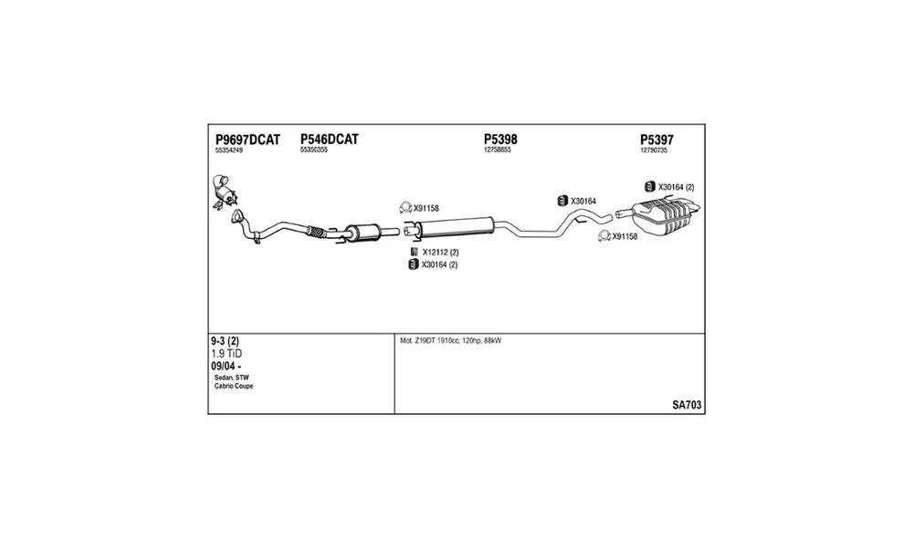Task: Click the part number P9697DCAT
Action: tap(247, 140)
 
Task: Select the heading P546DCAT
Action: tap(330, 140)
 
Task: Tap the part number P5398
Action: tap(500, 140)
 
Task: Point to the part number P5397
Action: tap(656, 140)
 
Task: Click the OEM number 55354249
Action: tap(229, 150)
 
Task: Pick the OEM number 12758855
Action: tap(498, 150)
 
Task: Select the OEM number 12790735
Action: tap(654, 150)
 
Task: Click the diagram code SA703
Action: tap(687, 405)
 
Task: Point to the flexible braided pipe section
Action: tap(315, 231)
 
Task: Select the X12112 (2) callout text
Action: tap(441, 253)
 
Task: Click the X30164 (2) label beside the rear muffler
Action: tap(676, 187)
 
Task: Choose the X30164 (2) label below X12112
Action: tap(440, 265)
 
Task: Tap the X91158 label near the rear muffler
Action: tap(624, 236)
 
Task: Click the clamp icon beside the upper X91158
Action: tap(406, 208)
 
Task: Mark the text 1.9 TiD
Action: tap(226, 354)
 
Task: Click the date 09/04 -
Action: tap(226, 367)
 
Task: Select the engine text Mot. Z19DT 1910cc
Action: tap(430, 341)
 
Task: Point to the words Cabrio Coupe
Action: tap(234, 386)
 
